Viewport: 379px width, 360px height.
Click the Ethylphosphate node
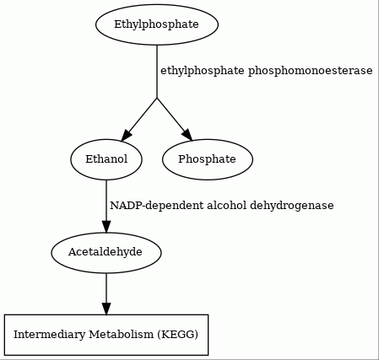(157, 24)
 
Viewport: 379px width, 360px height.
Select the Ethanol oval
(106, 159)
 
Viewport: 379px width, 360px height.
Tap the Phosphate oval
(208, 159)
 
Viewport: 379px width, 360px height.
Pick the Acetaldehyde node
(106, 252)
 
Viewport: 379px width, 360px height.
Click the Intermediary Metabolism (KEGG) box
(106, 335)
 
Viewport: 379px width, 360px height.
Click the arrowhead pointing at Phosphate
(188, 135)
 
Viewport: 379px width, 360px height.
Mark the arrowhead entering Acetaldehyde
(106, 227)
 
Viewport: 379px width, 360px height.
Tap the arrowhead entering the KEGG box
(106, 309)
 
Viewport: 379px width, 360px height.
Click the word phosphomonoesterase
(310, 71)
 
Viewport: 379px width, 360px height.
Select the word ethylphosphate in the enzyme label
(203, 71)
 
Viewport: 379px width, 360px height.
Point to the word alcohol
(226, 205)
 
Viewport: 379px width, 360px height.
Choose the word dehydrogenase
(292, 206)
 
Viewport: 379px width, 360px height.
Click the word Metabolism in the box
(122, 335)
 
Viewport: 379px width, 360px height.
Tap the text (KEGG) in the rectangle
(178, 335)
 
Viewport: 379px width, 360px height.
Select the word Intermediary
(50, 335)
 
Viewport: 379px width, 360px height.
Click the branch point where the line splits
(157, 98)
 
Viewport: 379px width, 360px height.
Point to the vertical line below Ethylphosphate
(157, 72)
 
